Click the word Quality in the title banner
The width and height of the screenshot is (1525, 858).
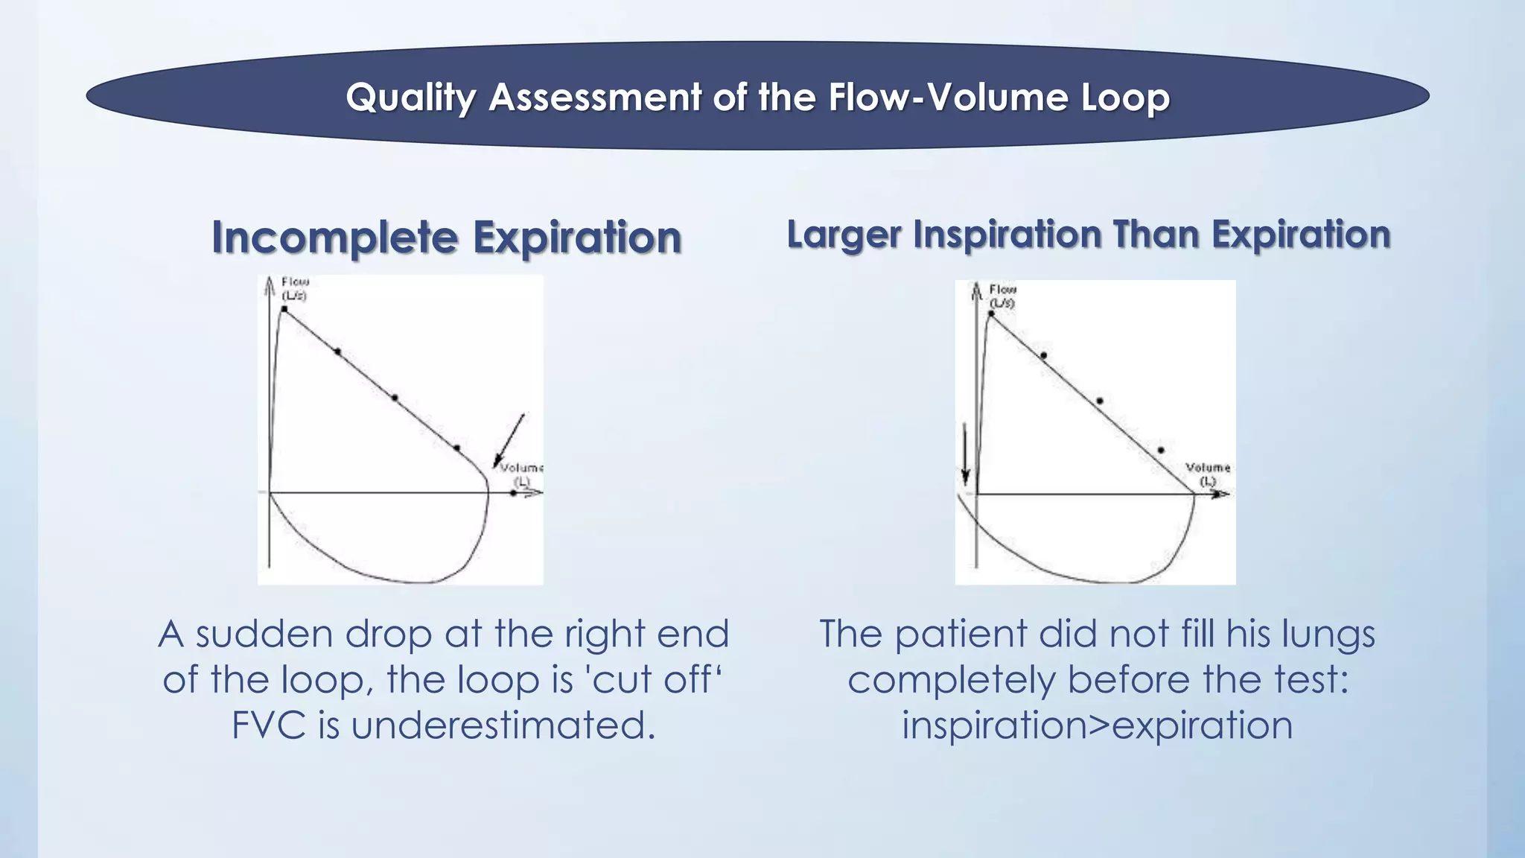(410, 98)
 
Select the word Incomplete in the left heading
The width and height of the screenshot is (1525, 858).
(334, 238)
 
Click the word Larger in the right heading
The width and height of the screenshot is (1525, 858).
(844, 235)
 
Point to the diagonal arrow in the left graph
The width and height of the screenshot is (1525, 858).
(509, 440)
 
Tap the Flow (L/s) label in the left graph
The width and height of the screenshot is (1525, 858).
(294, 288)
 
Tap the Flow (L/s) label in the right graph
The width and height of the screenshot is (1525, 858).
(1002, 296)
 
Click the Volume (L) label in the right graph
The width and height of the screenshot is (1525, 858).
(1207, 474)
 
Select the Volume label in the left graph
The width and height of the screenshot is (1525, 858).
(520, 468)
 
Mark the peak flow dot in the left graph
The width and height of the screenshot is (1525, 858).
(284, 308)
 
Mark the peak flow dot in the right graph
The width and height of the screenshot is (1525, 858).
(991, 314)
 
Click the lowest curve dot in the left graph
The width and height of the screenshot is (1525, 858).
(456, 448)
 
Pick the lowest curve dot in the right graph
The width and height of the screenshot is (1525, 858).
(1161, 450)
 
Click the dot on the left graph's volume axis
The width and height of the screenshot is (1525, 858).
(513, 492)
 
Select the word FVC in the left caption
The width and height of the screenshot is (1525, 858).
(268, 725)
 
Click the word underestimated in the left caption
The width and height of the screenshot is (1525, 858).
(503, 725)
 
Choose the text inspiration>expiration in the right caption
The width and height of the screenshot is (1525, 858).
(1097, 725)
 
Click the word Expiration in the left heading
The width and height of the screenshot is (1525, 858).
(577, 238)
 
